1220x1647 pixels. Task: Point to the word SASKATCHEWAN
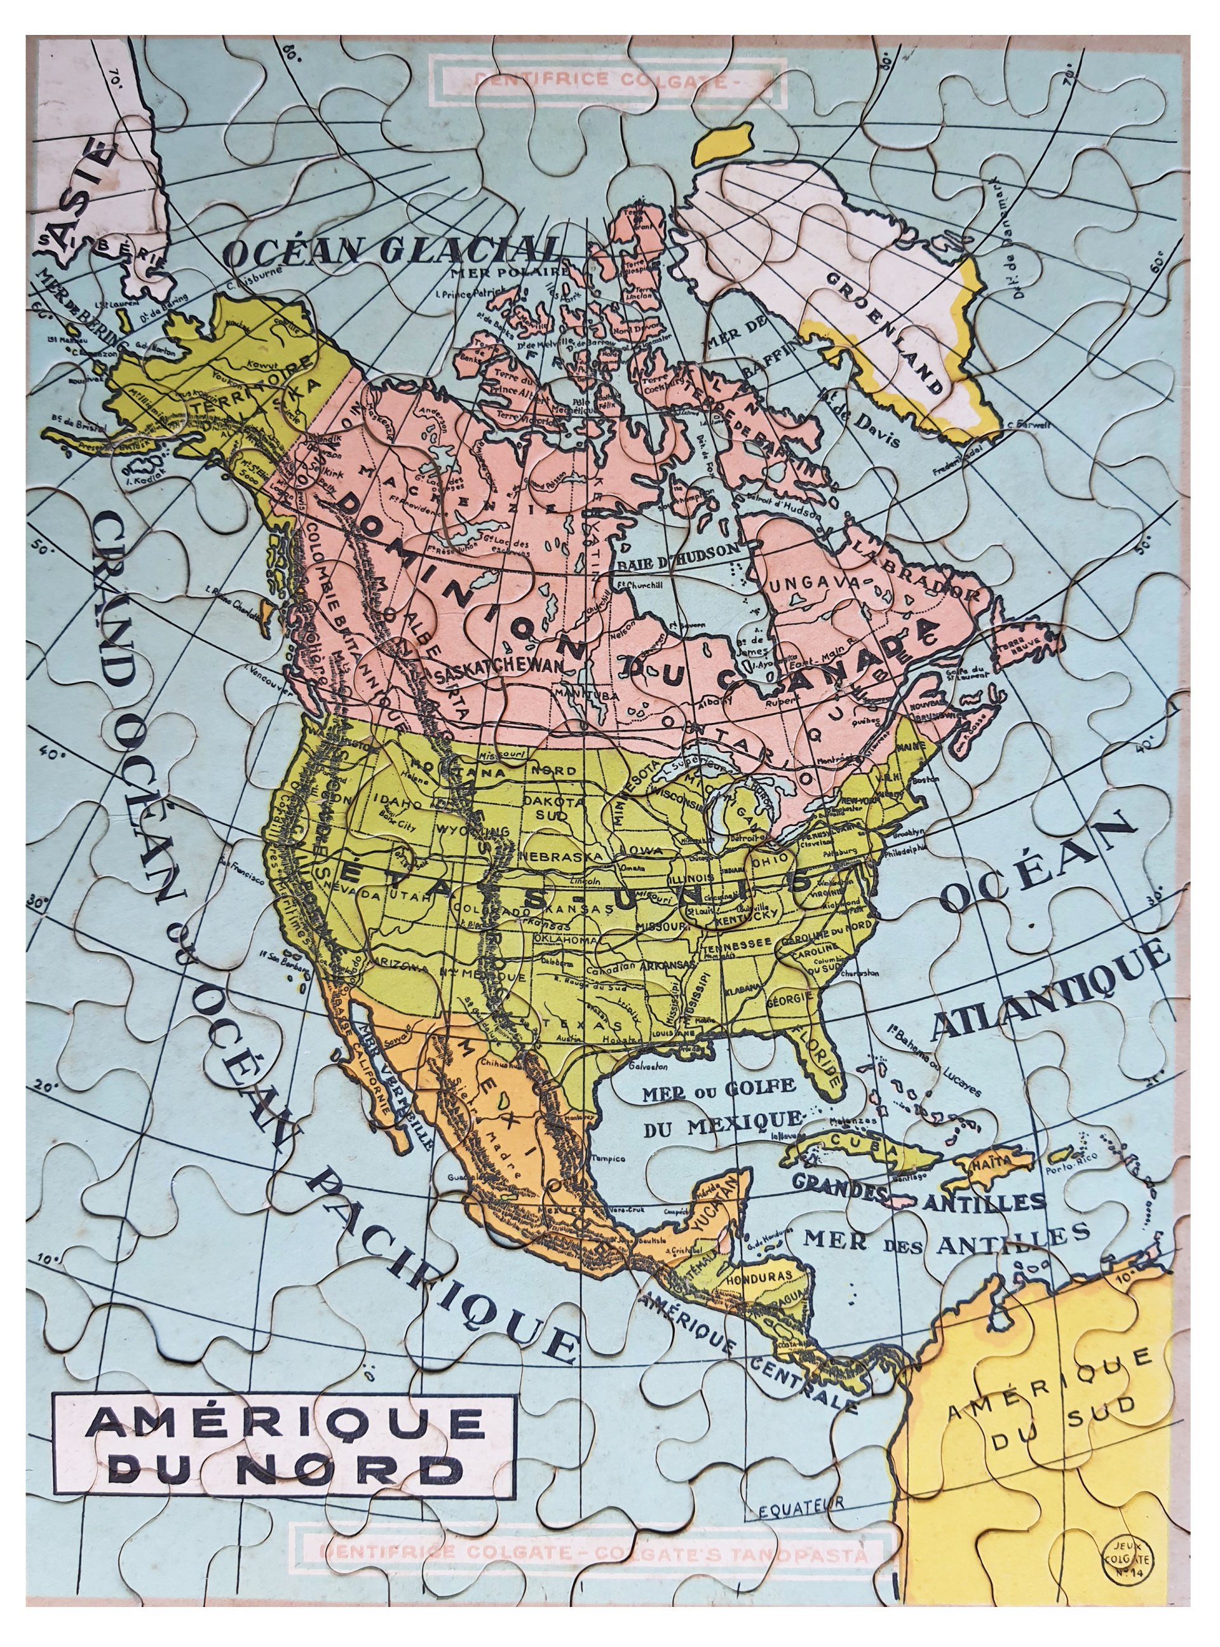point(499,665)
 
